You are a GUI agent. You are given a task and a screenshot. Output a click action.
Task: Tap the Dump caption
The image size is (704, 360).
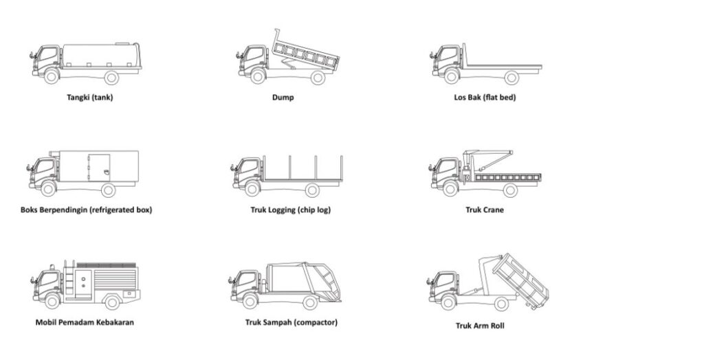click(283, 98)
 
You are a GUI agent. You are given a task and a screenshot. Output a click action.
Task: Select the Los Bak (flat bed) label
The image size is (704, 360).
click(485, 98)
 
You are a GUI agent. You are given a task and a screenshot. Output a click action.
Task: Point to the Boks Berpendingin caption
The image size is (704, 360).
click(87, 210)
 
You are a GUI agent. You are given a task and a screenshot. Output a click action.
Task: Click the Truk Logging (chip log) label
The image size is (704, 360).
click(290, 210)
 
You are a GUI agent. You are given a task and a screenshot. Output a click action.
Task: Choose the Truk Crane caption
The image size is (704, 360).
click(485, 210)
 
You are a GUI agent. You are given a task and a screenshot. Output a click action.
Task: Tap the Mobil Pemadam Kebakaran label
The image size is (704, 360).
click(84, 322)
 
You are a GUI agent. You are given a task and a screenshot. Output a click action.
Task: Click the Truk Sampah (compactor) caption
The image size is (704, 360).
click(291, 322)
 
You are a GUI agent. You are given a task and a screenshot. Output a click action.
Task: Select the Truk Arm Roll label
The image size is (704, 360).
click(480, 326)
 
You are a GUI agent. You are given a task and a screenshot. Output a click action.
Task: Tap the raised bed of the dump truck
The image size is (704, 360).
click(303, 53)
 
